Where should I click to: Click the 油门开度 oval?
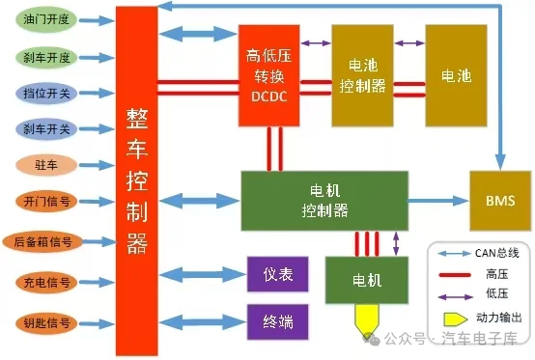click(x=46, y=19)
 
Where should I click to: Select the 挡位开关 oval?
click(x=46, y=93)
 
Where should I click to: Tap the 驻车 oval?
click(x=46, y=165)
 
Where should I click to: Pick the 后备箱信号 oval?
click(x=43, y=241)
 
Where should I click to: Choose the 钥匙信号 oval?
click(x=46, y=322)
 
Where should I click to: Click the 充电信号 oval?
click(x=46, y=282)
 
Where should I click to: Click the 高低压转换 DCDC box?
click(x=269, y=75)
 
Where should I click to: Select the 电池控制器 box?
click(x=363, y=75)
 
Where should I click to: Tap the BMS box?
click(x=500, y=201)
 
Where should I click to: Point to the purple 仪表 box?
click(x=278, y=274)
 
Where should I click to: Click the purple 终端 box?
click(x=278, y=321)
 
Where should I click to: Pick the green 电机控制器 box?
click(x=324, y=201)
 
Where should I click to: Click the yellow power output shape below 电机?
click(x=367, y=319)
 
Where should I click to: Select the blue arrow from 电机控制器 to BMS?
click(x=438, y=201)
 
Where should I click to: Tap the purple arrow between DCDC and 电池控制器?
click(x=316, y=43)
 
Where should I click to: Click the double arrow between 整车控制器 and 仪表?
click(x=203, y=274)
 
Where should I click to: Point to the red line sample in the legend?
click(x=455, y=275)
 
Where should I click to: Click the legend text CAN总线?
click(x=497, y=253)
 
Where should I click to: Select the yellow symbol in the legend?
click(x=456, y=319)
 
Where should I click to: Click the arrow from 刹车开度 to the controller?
click(x=97, y=57)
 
